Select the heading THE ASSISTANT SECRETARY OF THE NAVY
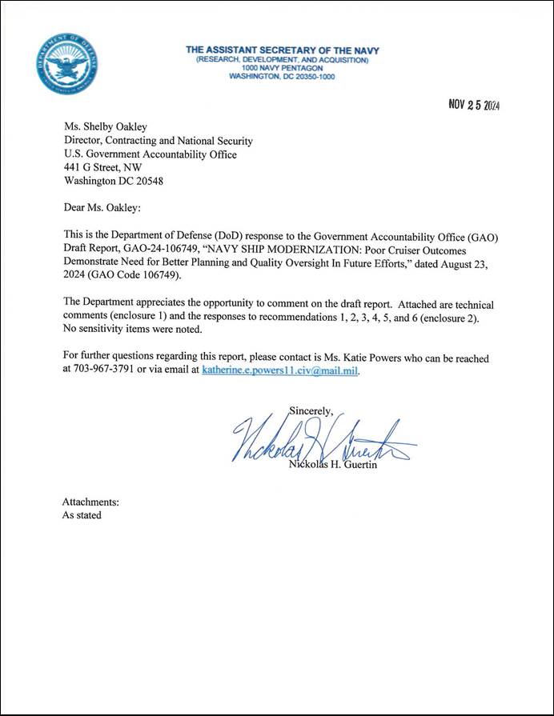283,50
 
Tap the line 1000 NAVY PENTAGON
283,68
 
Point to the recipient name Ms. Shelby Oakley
106,126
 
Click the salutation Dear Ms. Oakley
101,208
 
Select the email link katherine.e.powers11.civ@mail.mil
280,370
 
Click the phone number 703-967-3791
102,370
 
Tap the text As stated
82,515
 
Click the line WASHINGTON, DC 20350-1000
283,77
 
